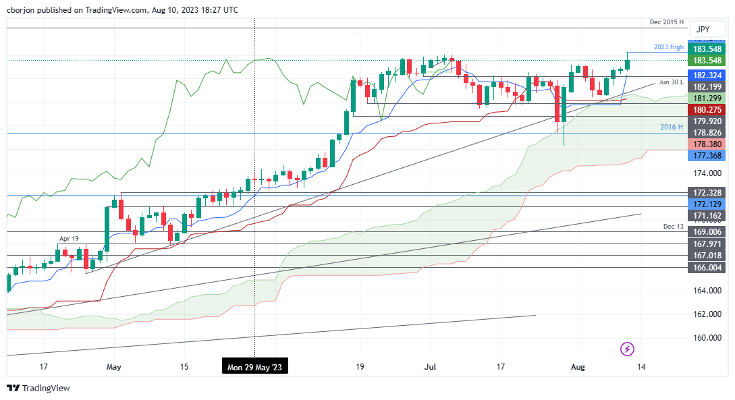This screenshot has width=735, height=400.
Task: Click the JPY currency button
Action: click(703, 29)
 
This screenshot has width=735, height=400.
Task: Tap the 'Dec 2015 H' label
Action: click(666, 22)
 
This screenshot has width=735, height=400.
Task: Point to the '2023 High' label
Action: click(669, 47)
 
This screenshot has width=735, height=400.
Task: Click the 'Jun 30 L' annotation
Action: click(671, 82)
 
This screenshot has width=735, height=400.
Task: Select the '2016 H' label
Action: click(672, 127)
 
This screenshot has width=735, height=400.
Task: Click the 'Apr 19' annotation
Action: click(70, 239)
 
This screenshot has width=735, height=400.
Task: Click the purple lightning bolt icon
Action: click(628, 349)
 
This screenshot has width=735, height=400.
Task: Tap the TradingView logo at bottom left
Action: click(38, 388)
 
